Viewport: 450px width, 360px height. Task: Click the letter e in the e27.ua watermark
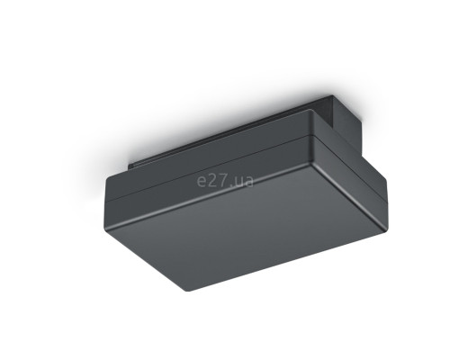[201, 181]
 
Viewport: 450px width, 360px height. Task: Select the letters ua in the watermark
[243, 181]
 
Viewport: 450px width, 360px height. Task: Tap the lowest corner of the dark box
[186, 291]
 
